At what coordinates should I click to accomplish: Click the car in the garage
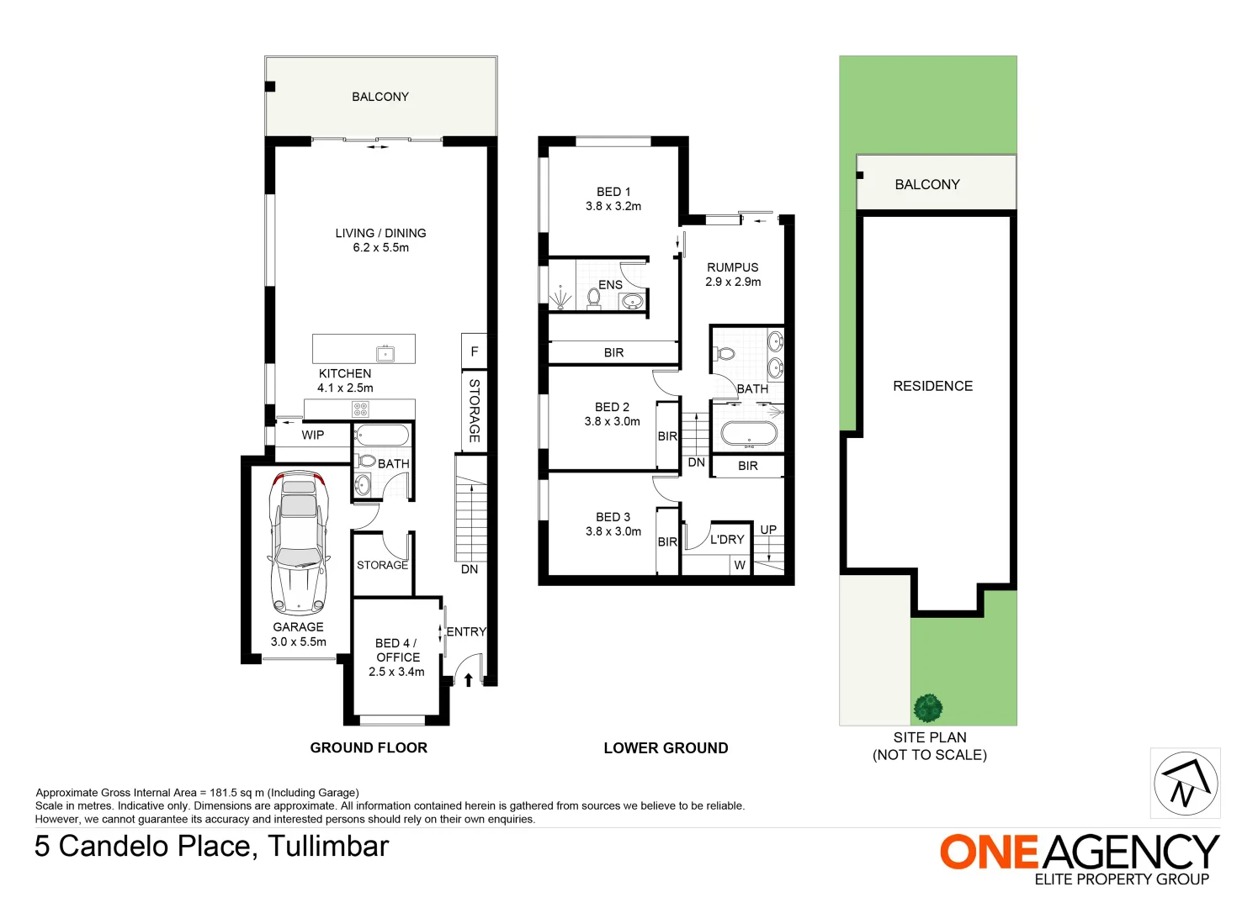(x=298, y=542)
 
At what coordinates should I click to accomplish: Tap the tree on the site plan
(x=927, y=708)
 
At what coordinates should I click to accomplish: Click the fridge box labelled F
(x=474, y=351)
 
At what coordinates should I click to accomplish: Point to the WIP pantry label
(x=313, y=435)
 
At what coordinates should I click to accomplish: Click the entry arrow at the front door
(x=468, y=679)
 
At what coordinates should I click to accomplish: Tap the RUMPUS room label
(x=732, y=267)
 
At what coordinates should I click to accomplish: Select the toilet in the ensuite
(x=593, y=298)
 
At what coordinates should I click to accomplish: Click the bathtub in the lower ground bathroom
(x=748, y=435)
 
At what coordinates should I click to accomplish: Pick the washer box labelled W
(x=740, y=565)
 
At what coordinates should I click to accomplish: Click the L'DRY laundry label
(x=726, y=539)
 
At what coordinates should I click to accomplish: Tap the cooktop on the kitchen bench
(x=360, y=409)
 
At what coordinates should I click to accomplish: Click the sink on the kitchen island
(x=385, y=352)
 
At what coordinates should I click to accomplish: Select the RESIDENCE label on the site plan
(x=932, y=386)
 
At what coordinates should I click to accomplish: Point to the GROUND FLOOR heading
(x=369, y=747)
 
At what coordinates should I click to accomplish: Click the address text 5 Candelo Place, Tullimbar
(x=211, y=846)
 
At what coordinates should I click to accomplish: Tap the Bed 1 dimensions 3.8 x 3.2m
(x=613, y=206)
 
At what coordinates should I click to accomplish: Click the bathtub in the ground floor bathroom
(x=382, y=436)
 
